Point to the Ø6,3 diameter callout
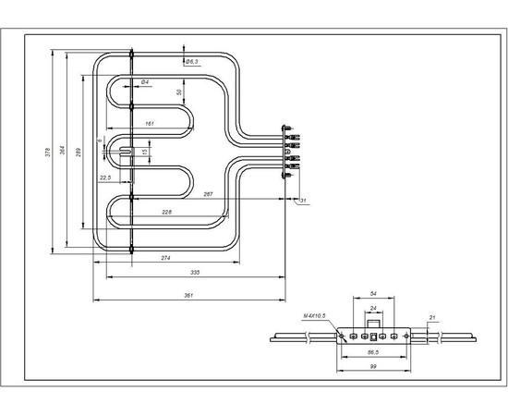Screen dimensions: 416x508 click(193, 61)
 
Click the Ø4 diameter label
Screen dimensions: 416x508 click(146, 83)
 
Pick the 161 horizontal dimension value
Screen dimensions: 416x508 click(150, 123)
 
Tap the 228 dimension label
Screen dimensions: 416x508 click(165, 213)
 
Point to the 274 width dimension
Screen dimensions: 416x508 click(166, 257)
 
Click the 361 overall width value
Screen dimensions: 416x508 click(188, 296)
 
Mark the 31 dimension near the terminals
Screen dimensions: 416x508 click(303, 200)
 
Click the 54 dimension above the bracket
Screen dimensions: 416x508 click(373, 293)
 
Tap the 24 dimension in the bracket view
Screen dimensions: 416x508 click(373, 309)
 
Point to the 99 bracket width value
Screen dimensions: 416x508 click(372, 367)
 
